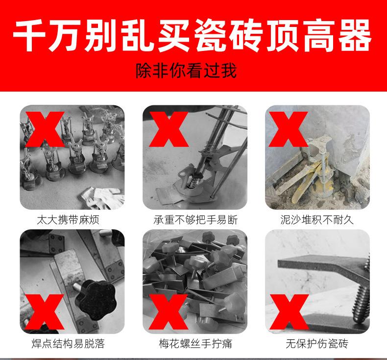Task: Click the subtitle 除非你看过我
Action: tap(186, 71)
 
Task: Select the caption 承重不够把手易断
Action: tap(194, 219)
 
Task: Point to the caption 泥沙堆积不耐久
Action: tap(317, 219)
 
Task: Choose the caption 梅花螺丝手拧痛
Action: tap(194, 343)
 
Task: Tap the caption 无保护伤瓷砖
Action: tap(317, 343)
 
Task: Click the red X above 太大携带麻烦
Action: tap(45, 129)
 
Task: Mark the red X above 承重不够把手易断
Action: tap(169, 129)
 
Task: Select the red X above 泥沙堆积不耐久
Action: tap(291, 129)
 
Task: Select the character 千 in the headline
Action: tap(31, 37)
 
